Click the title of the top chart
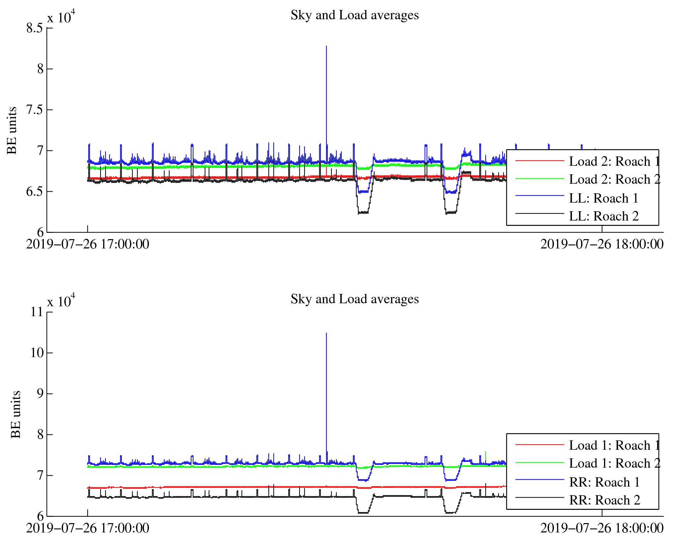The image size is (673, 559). click(355, 15)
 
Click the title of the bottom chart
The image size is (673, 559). click(355, 299)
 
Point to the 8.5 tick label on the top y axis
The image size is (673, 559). click(35, 28)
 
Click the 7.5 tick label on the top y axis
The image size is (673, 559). click(35, 110)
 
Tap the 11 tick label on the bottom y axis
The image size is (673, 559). click(37, 312)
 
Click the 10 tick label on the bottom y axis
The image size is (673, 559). click(37, 353)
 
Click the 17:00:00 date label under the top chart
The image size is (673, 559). click(88, 244)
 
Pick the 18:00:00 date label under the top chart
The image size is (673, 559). click(602, 244)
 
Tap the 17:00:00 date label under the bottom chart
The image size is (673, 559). click(88, 528)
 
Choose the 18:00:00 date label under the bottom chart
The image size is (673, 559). click(602, 528)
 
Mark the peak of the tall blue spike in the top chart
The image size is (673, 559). click(326, 46)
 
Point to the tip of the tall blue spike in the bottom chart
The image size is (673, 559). click(326, 333)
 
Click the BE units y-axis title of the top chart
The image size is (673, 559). click(12, 131)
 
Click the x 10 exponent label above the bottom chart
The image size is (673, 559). click(61, 301)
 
